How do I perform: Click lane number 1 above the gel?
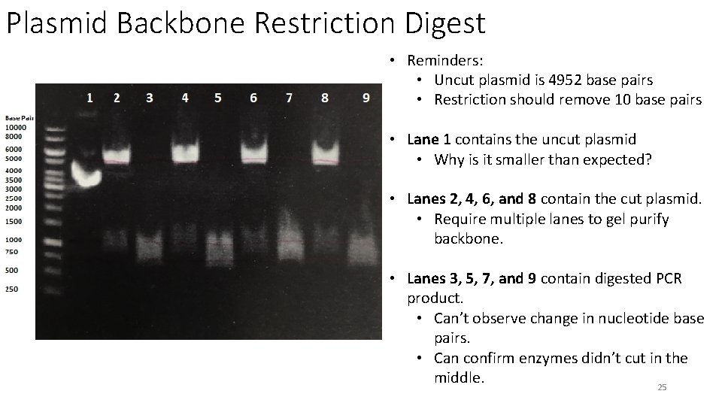[89, 97]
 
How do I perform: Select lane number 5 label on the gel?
[217, 98]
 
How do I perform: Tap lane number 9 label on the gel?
[366, 98]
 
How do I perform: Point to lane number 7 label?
[290, 98]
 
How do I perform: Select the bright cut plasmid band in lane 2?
[116, 156]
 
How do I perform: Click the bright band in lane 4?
[184, 153]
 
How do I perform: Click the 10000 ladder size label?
[15, 128]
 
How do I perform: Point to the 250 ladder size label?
[12, 289]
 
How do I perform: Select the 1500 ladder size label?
[14, 222]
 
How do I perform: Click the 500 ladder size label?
[12, 270]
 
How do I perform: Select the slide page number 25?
[662, 387]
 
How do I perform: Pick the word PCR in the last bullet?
[666, 279]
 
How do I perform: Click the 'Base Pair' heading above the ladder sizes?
[20, 118]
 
